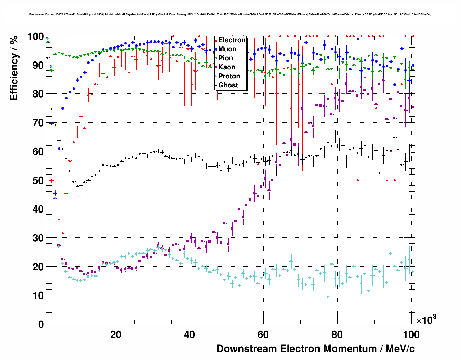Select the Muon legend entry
tap(227, 49)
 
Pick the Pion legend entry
tap(225, 58)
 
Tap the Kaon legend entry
tap(227, 67)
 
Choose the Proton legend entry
tap(229, 76)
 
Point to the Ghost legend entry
tap(228, 85)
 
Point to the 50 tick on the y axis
tap(38, 180)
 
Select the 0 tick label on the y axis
tap(41, 324)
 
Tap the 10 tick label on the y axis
tap(38, 295)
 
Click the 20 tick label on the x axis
tap(116, 335)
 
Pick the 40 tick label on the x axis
tap(189, 335)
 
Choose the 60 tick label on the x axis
tap(263, 335)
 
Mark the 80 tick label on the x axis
tap(337, 335)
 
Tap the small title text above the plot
tap(230, 14)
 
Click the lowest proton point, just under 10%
tap(328, 297)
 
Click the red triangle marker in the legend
tap(216, 40)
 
